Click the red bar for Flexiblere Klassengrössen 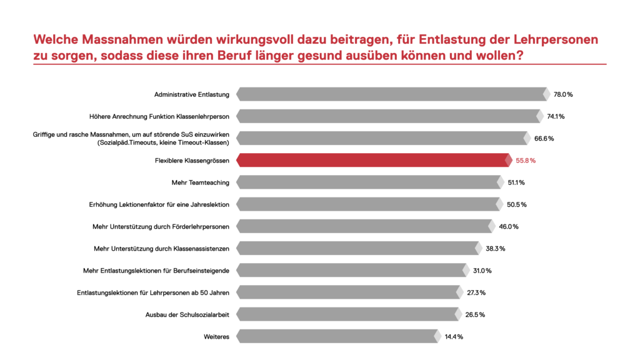click(x=375, y=161)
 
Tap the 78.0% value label click(x=563, y=94)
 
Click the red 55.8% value click(x=525, y=161)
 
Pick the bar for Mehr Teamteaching click(x=369, y=182)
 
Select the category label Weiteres click(x=216, y=337)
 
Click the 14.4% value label click(x=453, y=337)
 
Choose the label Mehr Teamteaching click(x=200, y=182)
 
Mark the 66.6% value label click(x=544, y=138)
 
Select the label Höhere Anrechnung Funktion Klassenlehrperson click(x=160, y=116)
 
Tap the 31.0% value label click(x=481, y=271)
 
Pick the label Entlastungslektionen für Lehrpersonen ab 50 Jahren click(x=153, y=292)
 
